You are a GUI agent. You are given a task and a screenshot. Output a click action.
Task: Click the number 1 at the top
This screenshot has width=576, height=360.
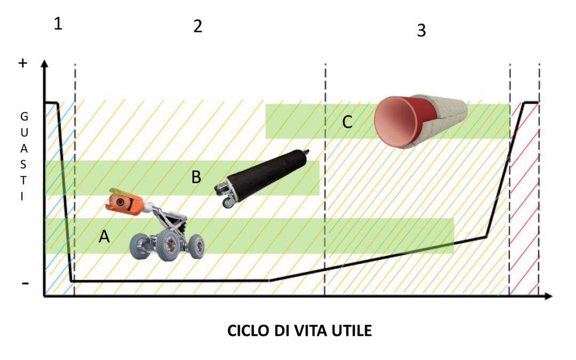(58, 24)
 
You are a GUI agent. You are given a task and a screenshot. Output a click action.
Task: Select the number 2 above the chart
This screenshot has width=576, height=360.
(198, 27)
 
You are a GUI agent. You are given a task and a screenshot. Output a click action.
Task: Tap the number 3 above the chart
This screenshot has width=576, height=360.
(421, 30)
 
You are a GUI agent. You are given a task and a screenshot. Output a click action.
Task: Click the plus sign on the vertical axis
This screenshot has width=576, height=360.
(22, 63)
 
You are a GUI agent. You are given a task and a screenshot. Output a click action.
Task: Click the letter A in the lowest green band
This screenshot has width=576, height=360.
(105, 236)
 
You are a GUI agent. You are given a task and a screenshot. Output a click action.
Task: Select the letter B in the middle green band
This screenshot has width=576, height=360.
(196, 178)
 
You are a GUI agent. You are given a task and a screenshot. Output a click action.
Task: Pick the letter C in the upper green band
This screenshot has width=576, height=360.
(347, 122)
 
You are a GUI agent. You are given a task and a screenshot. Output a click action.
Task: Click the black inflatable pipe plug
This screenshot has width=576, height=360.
(267, 174)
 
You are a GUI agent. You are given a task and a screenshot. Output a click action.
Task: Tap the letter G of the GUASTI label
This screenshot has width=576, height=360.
(23, 115)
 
